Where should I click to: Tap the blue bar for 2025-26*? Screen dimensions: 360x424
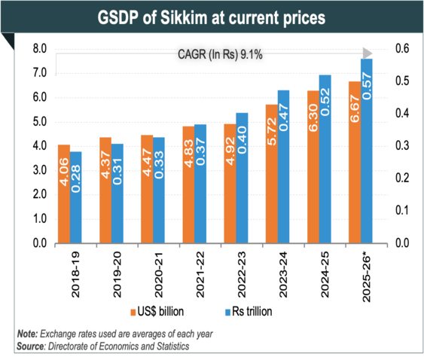[367, 151]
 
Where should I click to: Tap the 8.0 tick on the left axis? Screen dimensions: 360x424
[37, 49]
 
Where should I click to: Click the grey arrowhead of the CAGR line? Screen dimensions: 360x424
[367, 53]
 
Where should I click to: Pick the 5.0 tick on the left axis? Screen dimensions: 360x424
[37, 122]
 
